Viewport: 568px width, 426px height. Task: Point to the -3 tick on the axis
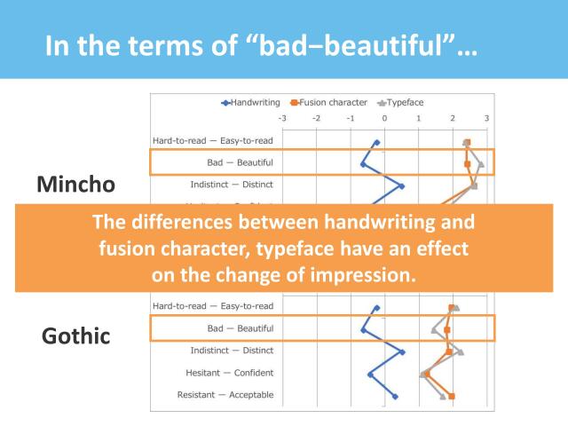point(282,118)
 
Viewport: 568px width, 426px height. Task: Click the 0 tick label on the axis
point(384,118)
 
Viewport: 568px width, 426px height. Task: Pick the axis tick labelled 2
point(453,118)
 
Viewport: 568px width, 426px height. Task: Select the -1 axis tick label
point(350,118)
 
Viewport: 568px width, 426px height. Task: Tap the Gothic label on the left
point(76,336)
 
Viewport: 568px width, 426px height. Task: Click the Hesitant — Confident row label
point(225,373)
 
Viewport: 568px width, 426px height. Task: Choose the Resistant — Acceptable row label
point(225,395)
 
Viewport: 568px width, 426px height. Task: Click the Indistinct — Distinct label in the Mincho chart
point(232,185)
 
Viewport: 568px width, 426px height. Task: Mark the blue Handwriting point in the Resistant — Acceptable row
point(396,397)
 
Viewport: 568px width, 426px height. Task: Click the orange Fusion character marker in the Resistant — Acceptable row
point(452,397)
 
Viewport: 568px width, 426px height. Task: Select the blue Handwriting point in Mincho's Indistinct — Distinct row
point(401,186)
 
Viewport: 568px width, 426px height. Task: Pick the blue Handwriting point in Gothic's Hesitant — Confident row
point(370,375)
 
